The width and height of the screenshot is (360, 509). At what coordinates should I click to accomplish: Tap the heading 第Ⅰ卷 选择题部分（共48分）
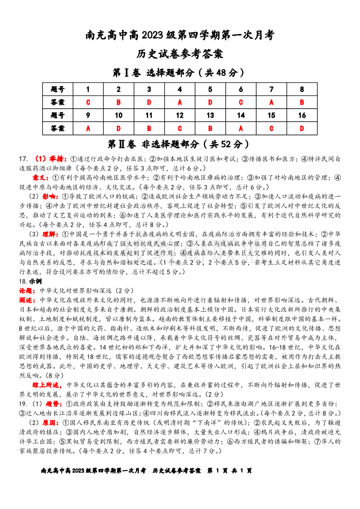click(x=180, y=73)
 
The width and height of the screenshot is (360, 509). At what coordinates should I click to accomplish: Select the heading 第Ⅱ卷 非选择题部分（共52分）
click(x=180, y=144)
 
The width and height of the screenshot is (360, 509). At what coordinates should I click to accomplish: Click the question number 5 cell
click(x=210, y=89)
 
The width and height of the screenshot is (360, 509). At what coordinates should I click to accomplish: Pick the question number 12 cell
click(x=180, y=116)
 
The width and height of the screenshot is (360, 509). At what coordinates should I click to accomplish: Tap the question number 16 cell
click(x=302, y=116)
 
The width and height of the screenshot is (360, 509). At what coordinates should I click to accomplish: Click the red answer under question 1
click(x=88, y=102)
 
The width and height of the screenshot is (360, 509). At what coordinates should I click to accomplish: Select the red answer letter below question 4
click(x=180, y=102)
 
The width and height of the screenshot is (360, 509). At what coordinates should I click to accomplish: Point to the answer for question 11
click(x=149, y=129)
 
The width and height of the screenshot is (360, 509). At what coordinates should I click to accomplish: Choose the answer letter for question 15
click(x=271, y=129)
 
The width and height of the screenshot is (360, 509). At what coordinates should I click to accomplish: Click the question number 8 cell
click(x=302, y=89)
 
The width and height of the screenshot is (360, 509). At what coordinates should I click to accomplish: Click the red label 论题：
click(x=28, y=291)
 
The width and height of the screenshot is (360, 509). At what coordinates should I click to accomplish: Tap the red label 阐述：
click(x=28, y=300)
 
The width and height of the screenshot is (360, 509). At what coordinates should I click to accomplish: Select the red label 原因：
click(x=53, y=422)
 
